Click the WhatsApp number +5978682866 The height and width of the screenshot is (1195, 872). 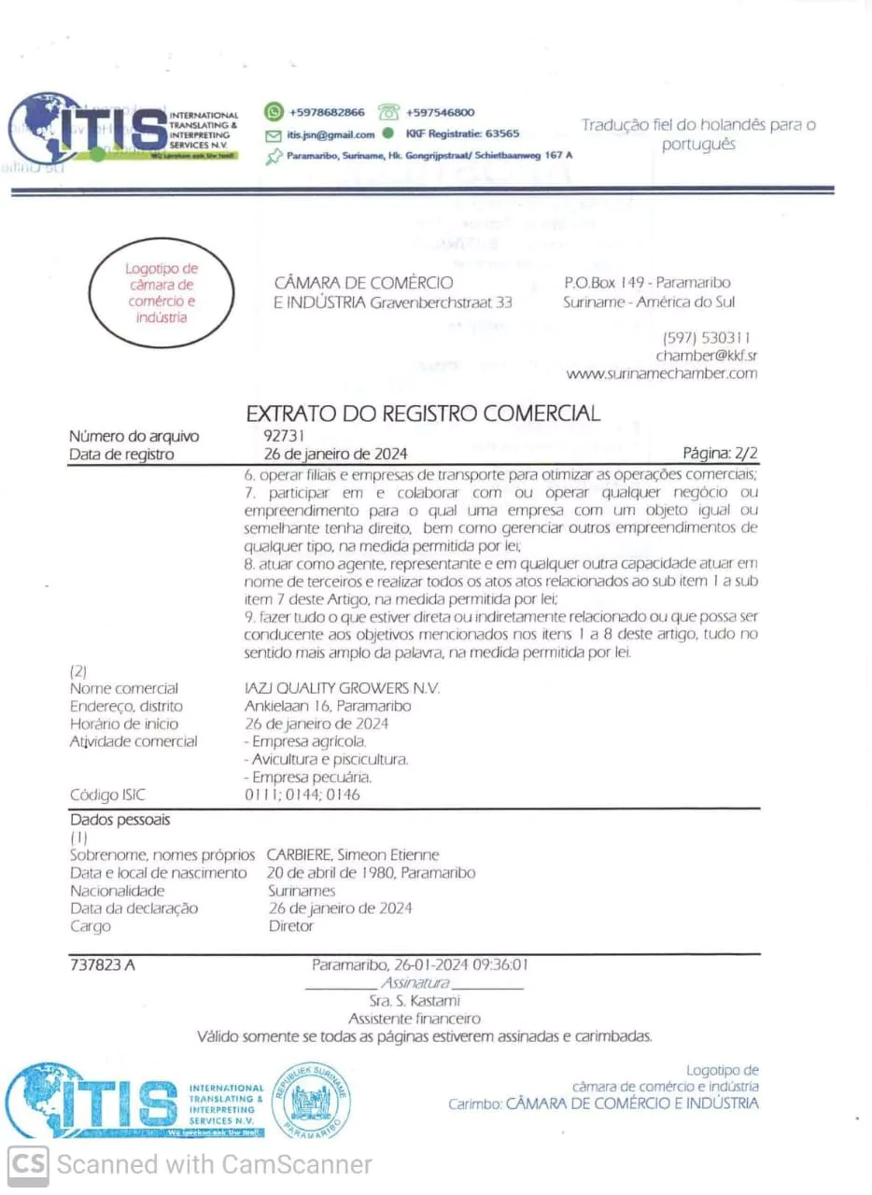point(327,112)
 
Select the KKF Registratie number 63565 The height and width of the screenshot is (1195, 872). point(503,134)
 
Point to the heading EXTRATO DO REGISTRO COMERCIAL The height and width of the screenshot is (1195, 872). point(423,414)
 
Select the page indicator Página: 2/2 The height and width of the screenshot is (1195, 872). point(720,455)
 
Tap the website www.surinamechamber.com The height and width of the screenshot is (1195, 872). point(661,373)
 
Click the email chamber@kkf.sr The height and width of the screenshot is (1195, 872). point(706,356)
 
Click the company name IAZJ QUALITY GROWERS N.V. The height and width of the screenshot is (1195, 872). point(342,688)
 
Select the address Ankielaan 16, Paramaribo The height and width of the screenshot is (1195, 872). point(328,706)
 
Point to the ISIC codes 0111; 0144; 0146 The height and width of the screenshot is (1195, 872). point(302,794)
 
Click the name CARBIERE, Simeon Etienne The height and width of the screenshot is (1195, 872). point(353,854)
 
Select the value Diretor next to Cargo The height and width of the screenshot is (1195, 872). point(290,926)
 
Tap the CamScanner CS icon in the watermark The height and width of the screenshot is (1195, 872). point(29,1164)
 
